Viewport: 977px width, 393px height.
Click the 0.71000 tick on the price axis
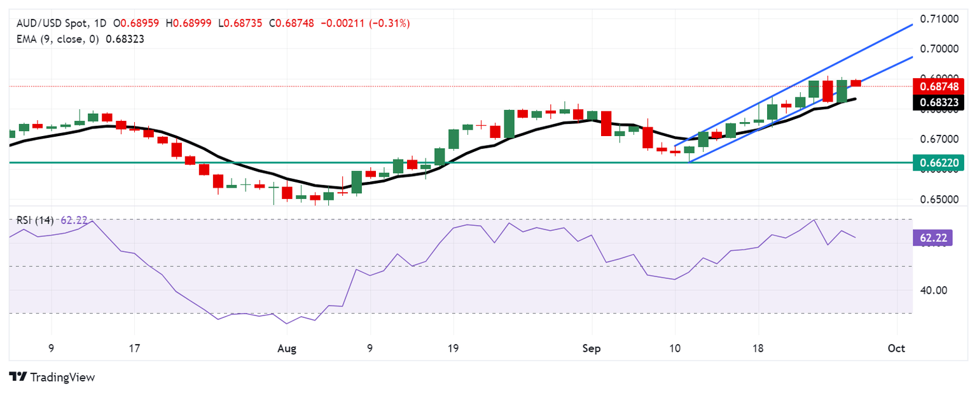point(935,18)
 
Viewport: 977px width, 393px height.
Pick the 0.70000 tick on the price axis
point(935,48)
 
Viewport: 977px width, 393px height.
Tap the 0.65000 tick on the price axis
point(935,200)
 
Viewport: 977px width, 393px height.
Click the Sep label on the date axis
point(592,348)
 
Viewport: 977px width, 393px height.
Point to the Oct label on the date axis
point(896,348)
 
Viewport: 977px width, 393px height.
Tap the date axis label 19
point(454,348)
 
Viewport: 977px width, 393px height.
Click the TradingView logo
point(52,377)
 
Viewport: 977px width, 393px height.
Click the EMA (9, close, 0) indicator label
point(54,39)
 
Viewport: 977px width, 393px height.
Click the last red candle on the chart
point(856,83)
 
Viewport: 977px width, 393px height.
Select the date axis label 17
point(134,348)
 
